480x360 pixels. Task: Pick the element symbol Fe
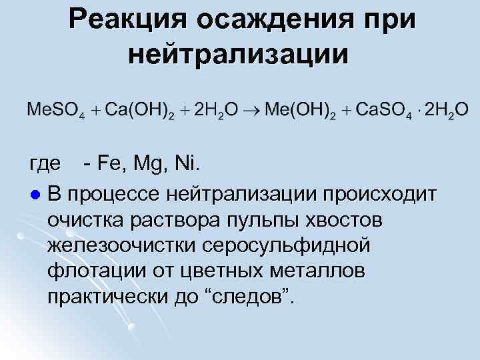109,162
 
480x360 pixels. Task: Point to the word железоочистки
117,246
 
